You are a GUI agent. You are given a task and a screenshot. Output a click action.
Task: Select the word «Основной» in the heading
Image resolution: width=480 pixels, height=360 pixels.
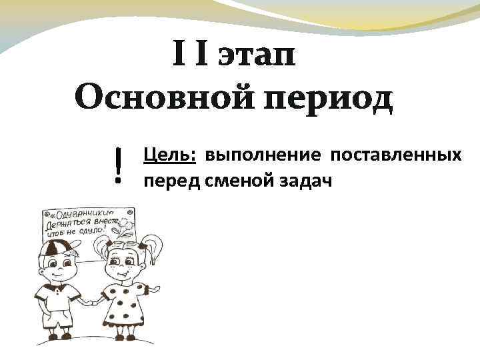[x=164, y=100]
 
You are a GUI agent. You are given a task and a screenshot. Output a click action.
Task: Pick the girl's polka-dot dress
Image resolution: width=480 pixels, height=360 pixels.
[x=125, y=307]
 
